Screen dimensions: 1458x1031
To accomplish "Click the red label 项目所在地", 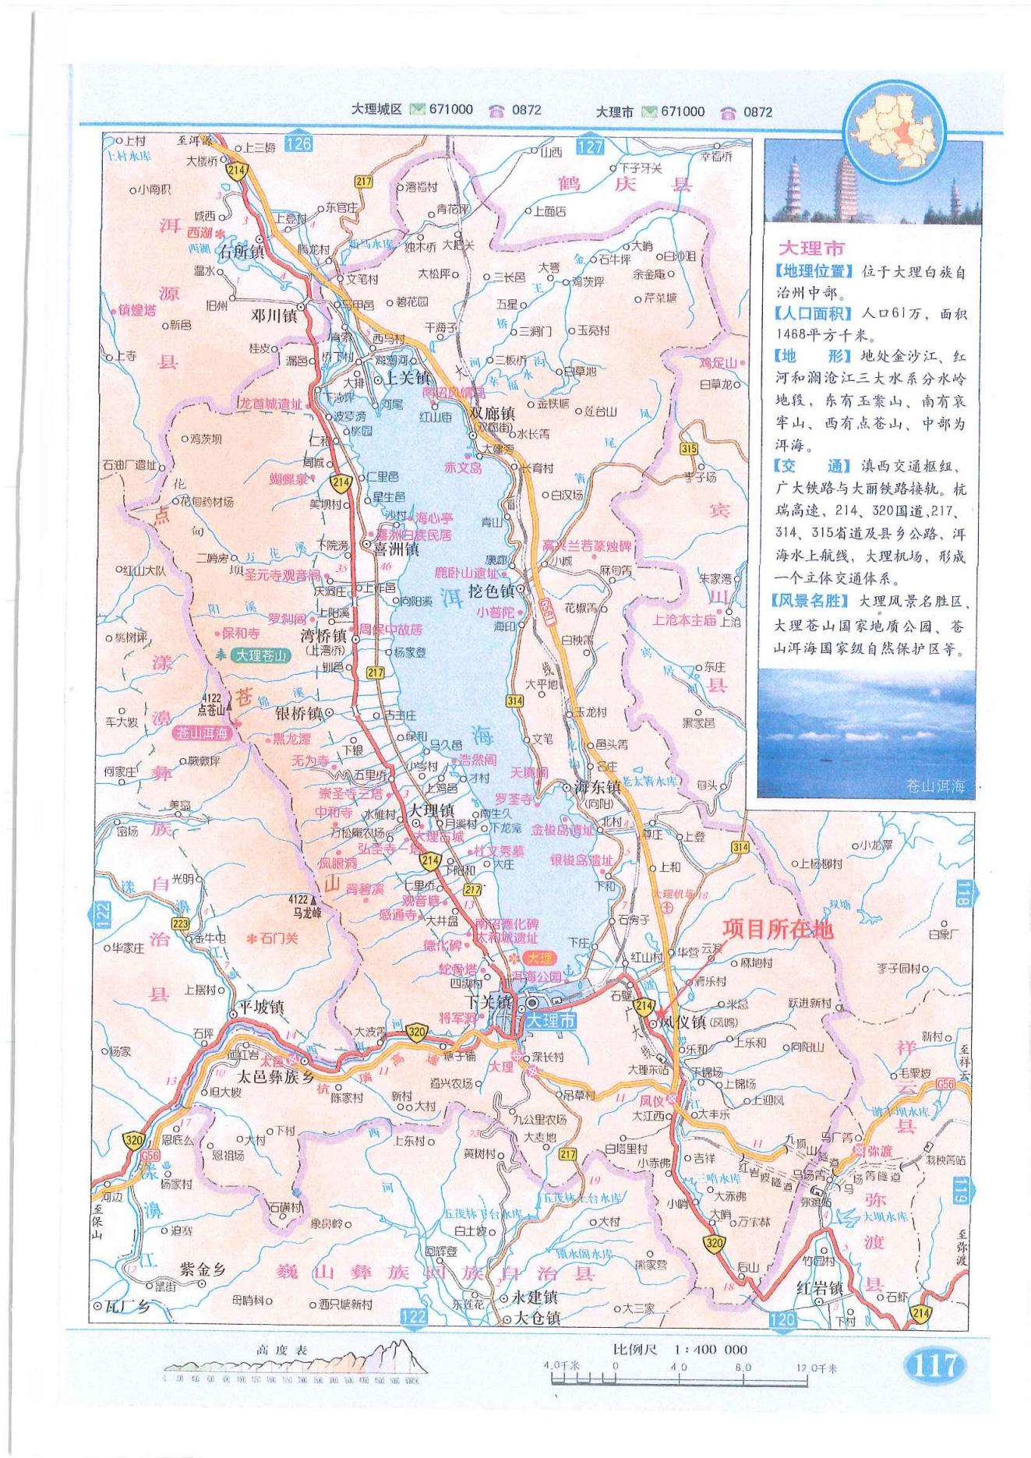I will [777, 929].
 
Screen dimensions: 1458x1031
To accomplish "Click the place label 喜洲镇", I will [396, 549].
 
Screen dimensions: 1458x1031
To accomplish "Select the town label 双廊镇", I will [492, 414].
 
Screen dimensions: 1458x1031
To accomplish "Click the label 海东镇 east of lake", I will [597, 787].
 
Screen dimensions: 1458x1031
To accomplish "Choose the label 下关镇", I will [487, 1002].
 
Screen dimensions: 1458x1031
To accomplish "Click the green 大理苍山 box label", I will [262, 656].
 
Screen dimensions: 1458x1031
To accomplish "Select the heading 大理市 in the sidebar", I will [810, 249].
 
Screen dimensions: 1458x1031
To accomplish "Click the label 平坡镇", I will [261, 1007].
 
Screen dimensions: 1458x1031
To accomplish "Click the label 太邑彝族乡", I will [274, 1078].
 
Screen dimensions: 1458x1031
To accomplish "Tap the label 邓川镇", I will [273, 316].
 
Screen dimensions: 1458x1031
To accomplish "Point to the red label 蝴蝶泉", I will [289, 479].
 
